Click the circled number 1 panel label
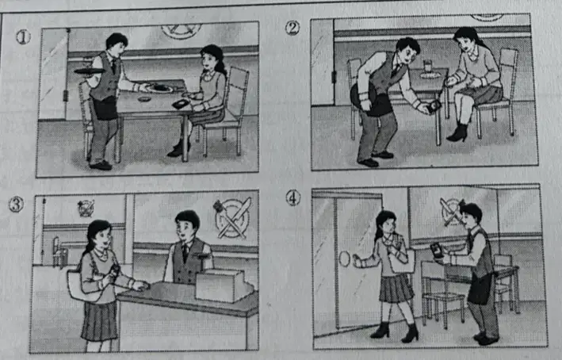[23, 37]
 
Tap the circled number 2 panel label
[292, 28]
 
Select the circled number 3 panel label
[16, 205]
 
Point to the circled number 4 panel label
[292, 198]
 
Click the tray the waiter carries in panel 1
[90, 71]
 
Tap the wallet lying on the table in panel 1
[181, 104]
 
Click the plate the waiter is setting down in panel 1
[160, 88]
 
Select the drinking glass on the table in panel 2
[428, 67]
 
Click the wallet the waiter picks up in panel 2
[434, 106]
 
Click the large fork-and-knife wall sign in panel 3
[233, 219]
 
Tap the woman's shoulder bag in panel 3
[83, 285]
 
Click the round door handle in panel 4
[344, 259]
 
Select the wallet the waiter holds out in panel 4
[437, 251]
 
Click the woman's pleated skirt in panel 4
[396, 288]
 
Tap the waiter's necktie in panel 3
[185, 252]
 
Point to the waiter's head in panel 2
[408, 49]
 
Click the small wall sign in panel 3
[86, 208]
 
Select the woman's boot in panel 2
[457, 132]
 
